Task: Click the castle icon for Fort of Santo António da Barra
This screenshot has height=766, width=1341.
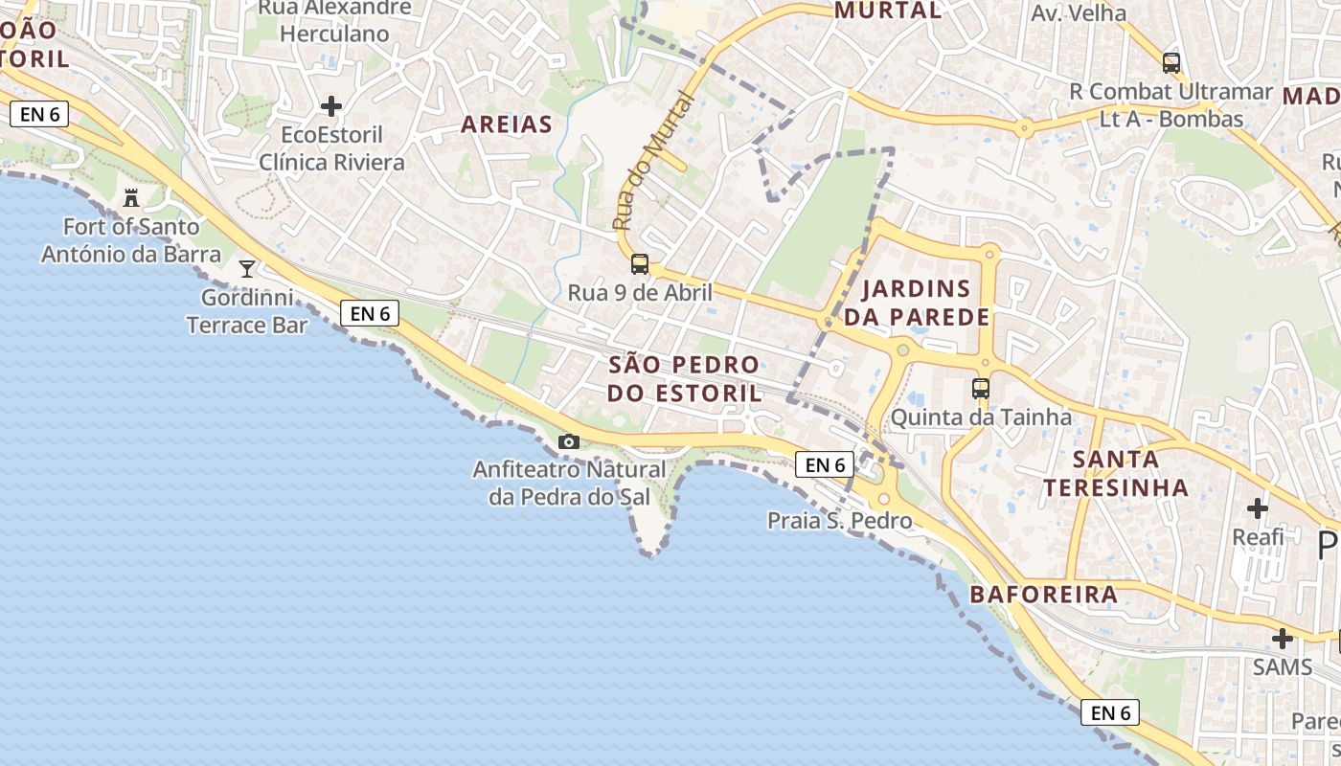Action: point(131,198)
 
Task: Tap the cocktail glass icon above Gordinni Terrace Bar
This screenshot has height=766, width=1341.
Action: point(247,268)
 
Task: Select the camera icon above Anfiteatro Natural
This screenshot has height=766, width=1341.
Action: point(569,441)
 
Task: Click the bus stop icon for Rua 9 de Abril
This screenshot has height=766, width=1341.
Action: point(640,264)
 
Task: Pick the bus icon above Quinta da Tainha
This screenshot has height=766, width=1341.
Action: point(981,389)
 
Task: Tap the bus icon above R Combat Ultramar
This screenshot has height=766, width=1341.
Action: point(1171,63)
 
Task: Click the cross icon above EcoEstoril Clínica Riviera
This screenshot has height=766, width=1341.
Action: point(331,106)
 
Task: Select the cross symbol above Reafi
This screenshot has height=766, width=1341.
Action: point(1258,508)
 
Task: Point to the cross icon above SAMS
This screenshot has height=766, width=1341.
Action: point(1283,639)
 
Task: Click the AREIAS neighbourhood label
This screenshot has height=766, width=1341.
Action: point(507,124)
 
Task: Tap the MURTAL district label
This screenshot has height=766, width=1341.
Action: point(888,11)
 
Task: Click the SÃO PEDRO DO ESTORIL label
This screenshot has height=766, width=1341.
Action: point(685,379)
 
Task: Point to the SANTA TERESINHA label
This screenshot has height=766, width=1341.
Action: point(1116,473)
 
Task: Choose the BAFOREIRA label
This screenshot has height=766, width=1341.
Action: point(1044,595)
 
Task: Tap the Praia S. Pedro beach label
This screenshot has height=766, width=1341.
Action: point(839,521)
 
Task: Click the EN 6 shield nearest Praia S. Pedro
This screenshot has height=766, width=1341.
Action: point(824,465)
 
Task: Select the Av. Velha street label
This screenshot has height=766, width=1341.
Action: point(1079,13)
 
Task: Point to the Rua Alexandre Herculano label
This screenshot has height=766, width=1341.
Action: point(334,21)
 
